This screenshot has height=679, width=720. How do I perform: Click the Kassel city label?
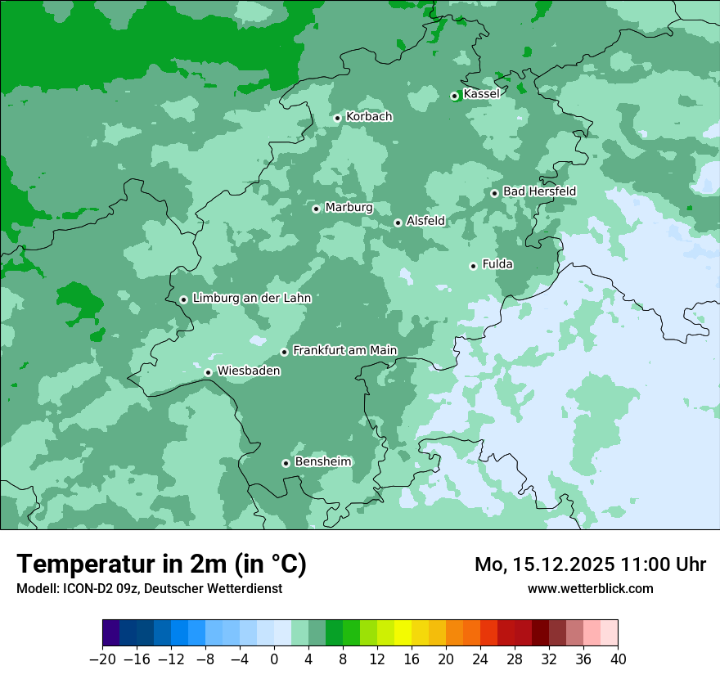pos(481,94)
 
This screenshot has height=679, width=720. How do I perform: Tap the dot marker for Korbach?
pos(337,118)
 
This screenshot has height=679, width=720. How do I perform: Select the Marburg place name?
pos(349,208)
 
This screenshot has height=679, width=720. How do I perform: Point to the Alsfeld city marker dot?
pos(398,223)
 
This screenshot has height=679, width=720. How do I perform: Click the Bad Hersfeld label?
pos(539,191)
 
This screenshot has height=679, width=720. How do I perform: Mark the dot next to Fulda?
pos(473,266)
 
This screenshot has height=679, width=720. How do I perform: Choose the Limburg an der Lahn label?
pos(251,299)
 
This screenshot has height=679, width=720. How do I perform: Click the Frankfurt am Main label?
pos(344,350)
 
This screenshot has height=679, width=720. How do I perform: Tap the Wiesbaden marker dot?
pos(208,373)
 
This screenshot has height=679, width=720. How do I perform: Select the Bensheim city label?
pos(322,461)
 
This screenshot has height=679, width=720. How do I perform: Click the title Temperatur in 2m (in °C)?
pos(161,564)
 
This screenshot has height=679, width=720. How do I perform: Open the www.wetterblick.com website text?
pos(590,588)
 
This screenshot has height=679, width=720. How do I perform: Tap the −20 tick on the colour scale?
pos(102,659)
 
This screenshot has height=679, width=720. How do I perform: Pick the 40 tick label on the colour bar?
pos(618,659)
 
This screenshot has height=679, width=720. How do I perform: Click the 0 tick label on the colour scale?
pos(274,659)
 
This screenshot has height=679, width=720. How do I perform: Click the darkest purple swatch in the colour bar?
pos(110,633)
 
